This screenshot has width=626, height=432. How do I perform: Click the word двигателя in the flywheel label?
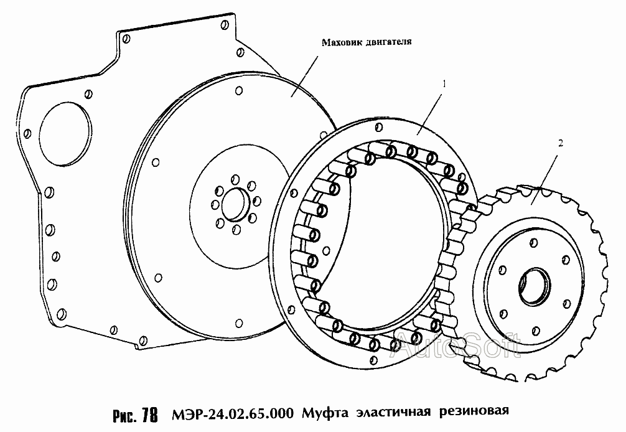388,42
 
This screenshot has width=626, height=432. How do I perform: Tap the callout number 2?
561,143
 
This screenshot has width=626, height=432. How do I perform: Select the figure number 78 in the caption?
150,415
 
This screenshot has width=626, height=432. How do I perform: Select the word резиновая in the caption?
474,411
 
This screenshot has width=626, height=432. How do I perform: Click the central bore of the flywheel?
235,204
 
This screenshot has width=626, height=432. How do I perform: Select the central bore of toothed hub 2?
534,286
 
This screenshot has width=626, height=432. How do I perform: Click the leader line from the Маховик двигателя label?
304,77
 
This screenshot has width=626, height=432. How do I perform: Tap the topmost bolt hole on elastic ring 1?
379,128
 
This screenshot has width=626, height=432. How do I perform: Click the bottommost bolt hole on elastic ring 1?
374,360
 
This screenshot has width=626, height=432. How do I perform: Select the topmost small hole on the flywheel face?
239,91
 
